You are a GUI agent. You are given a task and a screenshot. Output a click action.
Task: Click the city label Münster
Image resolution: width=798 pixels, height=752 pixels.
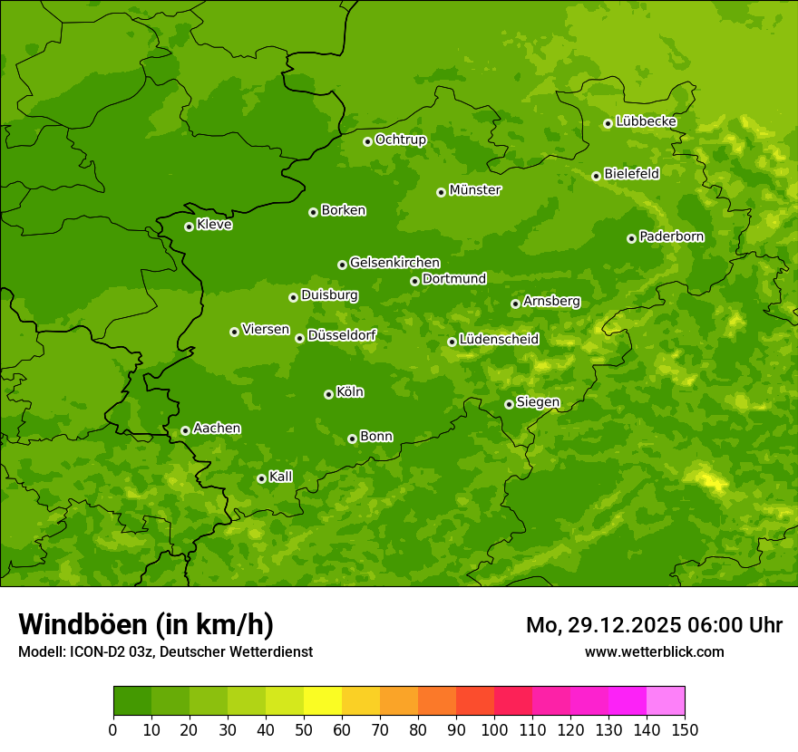475,190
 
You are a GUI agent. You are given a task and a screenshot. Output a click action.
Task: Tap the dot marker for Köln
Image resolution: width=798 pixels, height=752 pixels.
328,394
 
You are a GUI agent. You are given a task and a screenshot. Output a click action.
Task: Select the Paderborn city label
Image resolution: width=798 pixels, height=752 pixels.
671,236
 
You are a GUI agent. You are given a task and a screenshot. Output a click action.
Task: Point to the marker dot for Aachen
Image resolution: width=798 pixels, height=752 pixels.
185,430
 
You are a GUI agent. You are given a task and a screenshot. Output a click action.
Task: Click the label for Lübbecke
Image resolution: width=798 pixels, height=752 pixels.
646,121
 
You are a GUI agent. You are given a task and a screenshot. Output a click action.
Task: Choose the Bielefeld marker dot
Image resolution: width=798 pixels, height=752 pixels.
596,176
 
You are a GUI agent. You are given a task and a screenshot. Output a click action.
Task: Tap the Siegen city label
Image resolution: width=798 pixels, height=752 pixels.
538,402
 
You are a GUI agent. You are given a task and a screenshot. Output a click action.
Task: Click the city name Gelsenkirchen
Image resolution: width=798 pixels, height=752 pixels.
394,263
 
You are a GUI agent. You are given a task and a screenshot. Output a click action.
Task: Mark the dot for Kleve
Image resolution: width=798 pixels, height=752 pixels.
189,227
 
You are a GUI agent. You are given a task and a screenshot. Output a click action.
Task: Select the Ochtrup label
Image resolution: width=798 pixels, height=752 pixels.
400,140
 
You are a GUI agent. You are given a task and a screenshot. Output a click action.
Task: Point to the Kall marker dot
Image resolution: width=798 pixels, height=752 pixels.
261,478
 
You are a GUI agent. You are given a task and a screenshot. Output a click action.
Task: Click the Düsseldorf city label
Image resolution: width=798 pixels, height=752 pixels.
342,335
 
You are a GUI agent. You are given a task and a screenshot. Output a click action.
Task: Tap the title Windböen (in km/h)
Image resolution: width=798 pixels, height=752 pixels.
146,624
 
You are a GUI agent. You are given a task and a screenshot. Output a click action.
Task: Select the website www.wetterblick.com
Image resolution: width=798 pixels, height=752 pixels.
654,651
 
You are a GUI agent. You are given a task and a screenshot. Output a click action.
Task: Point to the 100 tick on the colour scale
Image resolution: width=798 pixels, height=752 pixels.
494,729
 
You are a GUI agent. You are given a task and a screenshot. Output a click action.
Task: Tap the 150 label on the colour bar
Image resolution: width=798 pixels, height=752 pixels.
684,729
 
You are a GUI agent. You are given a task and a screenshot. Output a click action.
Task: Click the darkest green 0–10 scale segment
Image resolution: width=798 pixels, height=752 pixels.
132,701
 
